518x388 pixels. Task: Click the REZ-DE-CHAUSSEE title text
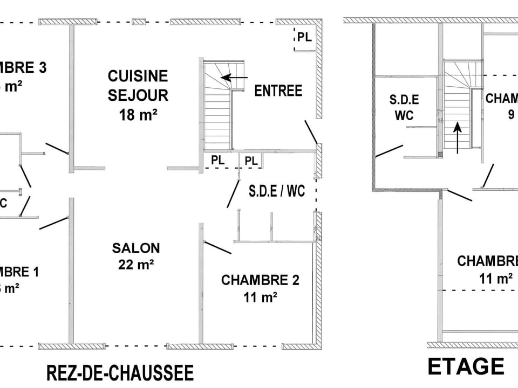tap(120, 373)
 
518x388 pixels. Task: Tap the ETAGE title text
tap(465, 366)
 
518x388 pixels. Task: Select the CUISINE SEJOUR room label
tap(138, 85)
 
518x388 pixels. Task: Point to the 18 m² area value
tap(138, 114)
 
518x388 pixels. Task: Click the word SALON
tap(136, 248)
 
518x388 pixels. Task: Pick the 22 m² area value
tap(136, 265)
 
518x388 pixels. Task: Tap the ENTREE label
tap(278, 91)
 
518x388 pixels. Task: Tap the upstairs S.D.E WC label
tap(404, 107)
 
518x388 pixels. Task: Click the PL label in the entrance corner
tap(304, 37)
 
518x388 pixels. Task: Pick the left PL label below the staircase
tap(217, 161)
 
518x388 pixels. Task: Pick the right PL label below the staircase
tap(251, 161)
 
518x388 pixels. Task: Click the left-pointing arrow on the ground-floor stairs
tap(234, 78)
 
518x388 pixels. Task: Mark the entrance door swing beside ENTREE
tap(310, 132)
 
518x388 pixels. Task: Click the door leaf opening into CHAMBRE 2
tap(217, 247)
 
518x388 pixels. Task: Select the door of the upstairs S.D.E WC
tap(389, 150)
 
